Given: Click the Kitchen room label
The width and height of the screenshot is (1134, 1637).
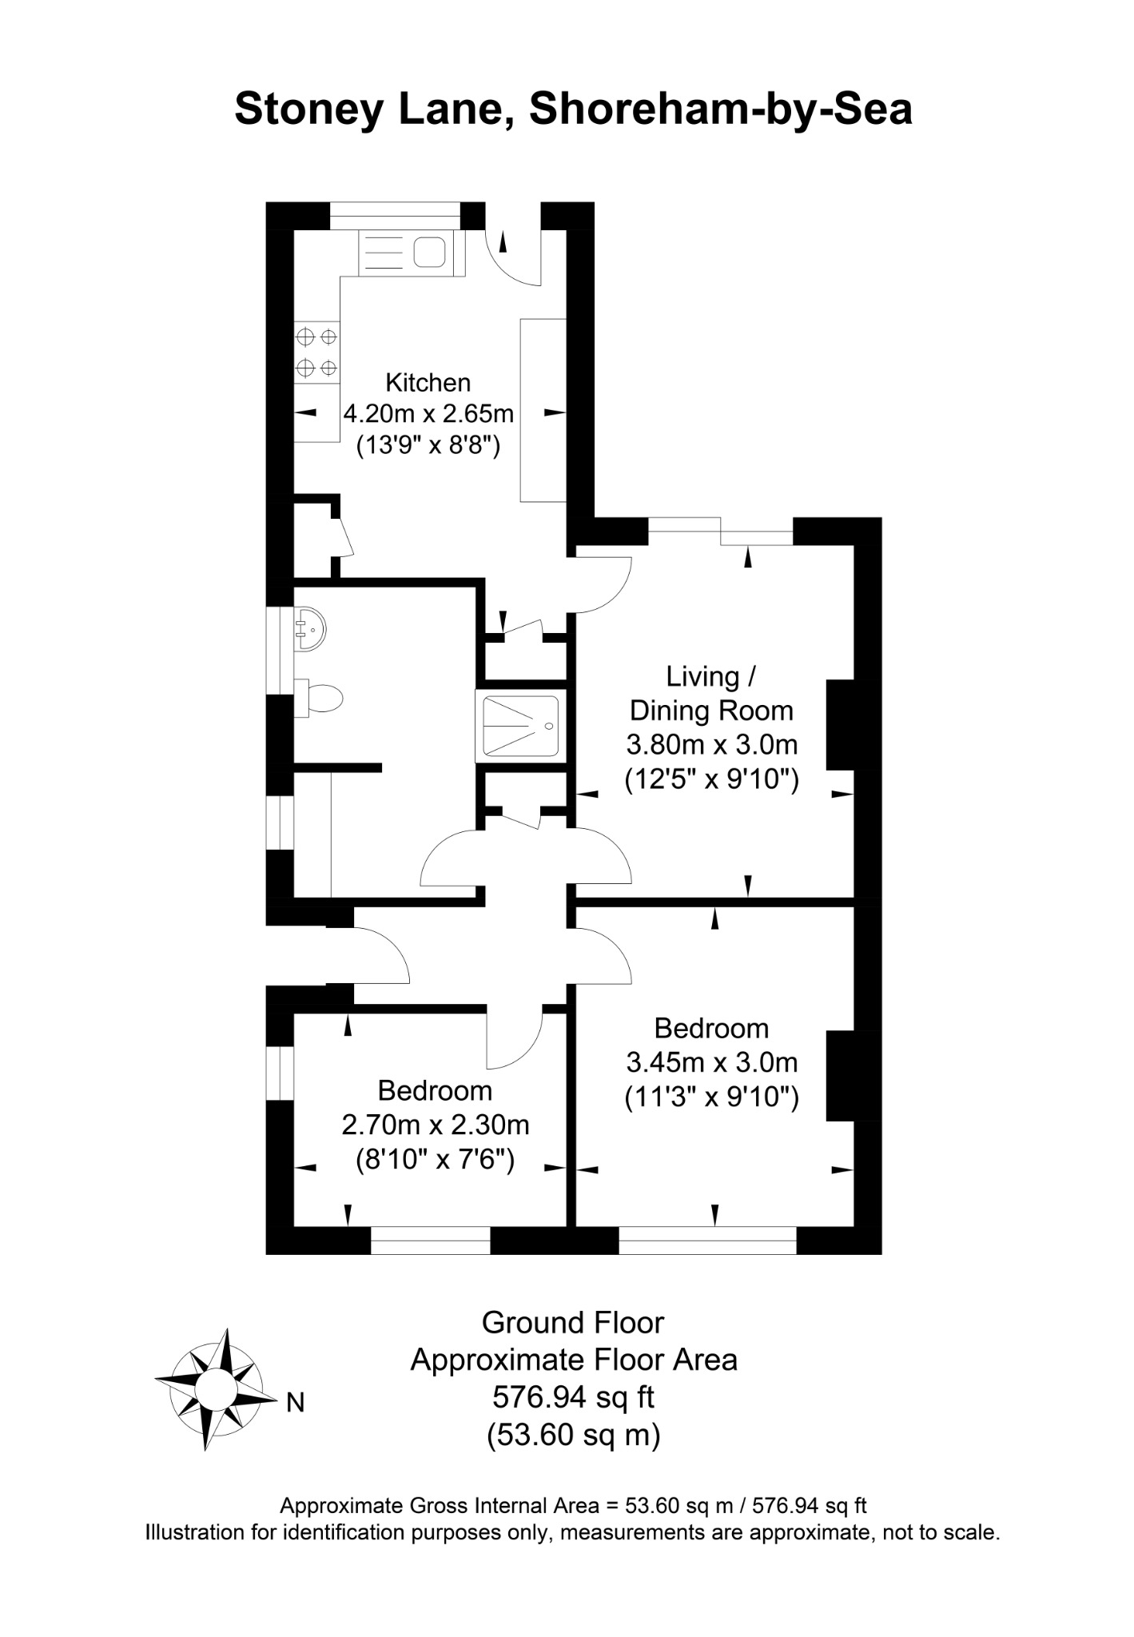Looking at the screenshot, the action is [x=428, y=383].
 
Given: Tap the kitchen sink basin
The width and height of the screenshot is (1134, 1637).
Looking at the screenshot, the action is [x=429, y=252].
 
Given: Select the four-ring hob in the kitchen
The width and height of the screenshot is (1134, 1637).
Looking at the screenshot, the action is [x=316, y=352].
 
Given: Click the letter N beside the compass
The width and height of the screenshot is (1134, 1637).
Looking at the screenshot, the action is [x=296, y=1403].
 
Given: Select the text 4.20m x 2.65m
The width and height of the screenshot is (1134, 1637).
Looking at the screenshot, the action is [x=428, y=414].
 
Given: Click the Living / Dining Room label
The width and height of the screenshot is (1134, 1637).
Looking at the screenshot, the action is [x=711, y=693].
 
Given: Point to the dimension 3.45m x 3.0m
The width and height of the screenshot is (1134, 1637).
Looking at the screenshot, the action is [x=711, y=1062].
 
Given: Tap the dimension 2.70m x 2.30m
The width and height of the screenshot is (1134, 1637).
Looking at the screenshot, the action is [x=436, y=1125].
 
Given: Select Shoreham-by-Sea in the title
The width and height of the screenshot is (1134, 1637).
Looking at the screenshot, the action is [x=720, y=110].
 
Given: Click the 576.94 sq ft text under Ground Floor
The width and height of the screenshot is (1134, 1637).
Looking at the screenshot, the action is [x=573, y=1397].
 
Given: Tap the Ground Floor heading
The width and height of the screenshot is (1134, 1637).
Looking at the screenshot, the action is [x=573, y=1323].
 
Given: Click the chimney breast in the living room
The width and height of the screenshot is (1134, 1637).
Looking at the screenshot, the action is [x=841, y=725].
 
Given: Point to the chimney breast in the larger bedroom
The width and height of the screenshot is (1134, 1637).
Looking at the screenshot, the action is [x=841, y=1076].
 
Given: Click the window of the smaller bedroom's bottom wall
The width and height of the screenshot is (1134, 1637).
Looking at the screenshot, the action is [x=431, y=1240].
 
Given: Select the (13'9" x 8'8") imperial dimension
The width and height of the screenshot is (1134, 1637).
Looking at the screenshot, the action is [x=428, y=444].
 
